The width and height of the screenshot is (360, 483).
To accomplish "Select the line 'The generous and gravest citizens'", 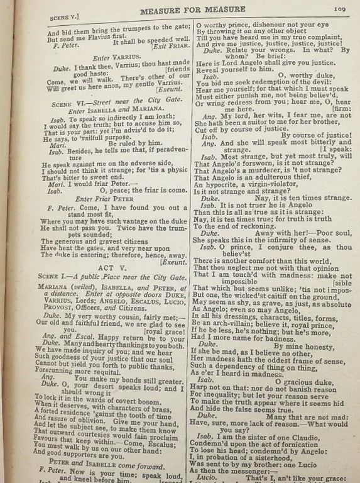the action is click(94, 239).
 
